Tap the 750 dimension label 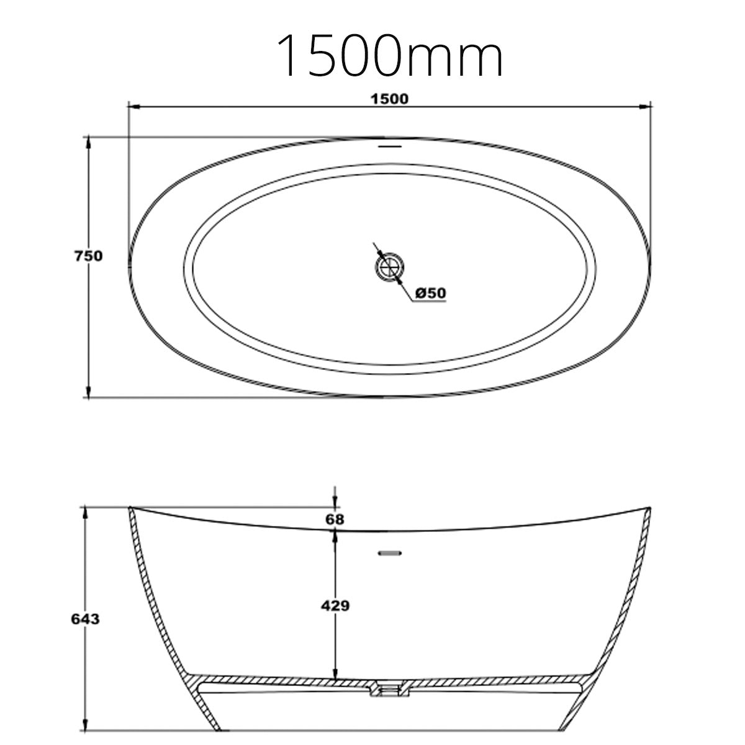click(x=88, y=255)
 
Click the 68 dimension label click(x=335, y=519)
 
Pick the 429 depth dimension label click(x=335, y=605)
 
